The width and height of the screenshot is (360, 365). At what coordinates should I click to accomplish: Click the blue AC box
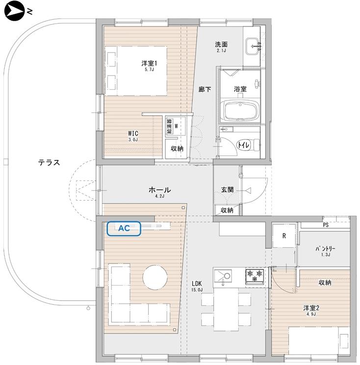(x=124, y=229)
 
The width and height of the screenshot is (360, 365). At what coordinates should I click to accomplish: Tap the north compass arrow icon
(x=14, y=11)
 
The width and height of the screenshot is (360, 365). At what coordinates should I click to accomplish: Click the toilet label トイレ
(x=243, y=145)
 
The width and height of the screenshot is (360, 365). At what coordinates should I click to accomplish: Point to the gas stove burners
(x=255, y=277)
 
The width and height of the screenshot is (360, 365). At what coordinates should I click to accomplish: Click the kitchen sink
(x=223, y=276)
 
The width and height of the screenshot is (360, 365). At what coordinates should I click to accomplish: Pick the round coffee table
(x=155, y=277)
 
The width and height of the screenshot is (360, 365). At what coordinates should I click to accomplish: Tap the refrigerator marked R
(x=284, y=236)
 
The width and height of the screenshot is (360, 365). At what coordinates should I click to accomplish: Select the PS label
(x=326, y=225)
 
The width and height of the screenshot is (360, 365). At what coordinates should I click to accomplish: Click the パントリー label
(x=325, y=249)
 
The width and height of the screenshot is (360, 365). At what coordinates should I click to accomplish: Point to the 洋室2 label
(x=311, y=308)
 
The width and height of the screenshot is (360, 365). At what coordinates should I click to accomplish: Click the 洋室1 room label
(x=149, y=63)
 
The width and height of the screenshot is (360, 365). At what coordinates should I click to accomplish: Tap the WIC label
(x=133, y=133)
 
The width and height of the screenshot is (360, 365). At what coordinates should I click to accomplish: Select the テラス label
(x=49, y=162)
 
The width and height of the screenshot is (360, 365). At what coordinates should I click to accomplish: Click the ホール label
(x=159, y=190)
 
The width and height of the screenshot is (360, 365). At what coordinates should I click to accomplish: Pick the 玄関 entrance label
(x=227, y=189)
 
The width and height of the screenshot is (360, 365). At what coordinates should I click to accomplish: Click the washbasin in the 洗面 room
(x=252, y=46)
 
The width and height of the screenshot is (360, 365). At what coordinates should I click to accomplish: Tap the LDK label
(x=197, y=284)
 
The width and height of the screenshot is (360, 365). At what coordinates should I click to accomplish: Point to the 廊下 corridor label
(x=205, y=89)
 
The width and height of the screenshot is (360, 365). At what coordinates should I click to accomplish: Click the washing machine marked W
(x=176, y=126)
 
